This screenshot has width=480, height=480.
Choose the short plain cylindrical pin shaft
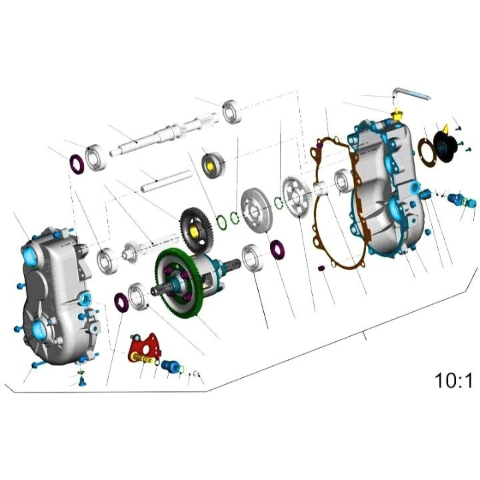tap(166, 181)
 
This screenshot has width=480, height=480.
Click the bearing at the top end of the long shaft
tap(233, 111)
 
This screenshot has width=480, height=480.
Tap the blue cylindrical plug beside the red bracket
tap(171, 367)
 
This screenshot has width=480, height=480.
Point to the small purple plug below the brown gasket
tap(321, 268)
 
